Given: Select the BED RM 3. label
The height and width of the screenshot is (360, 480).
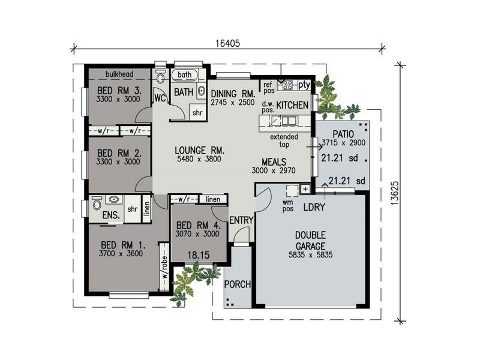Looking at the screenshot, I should (119, 91).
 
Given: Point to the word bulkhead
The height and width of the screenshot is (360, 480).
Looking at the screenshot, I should (119, 74).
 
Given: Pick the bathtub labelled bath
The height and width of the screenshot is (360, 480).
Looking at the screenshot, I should (185, 76).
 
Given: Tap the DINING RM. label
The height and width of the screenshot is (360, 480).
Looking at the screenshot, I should (233, 94).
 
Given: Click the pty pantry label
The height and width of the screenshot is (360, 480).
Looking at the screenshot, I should (304, 85).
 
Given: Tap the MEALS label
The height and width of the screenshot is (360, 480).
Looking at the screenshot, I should (274, 161).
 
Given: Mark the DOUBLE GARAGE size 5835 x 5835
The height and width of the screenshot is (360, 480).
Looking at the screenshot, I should (310, 254).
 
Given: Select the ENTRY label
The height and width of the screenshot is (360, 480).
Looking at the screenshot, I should (241, 220).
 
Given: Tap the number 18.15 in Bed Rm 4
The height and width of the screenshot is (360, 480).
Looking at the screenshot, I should (197, 255).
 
